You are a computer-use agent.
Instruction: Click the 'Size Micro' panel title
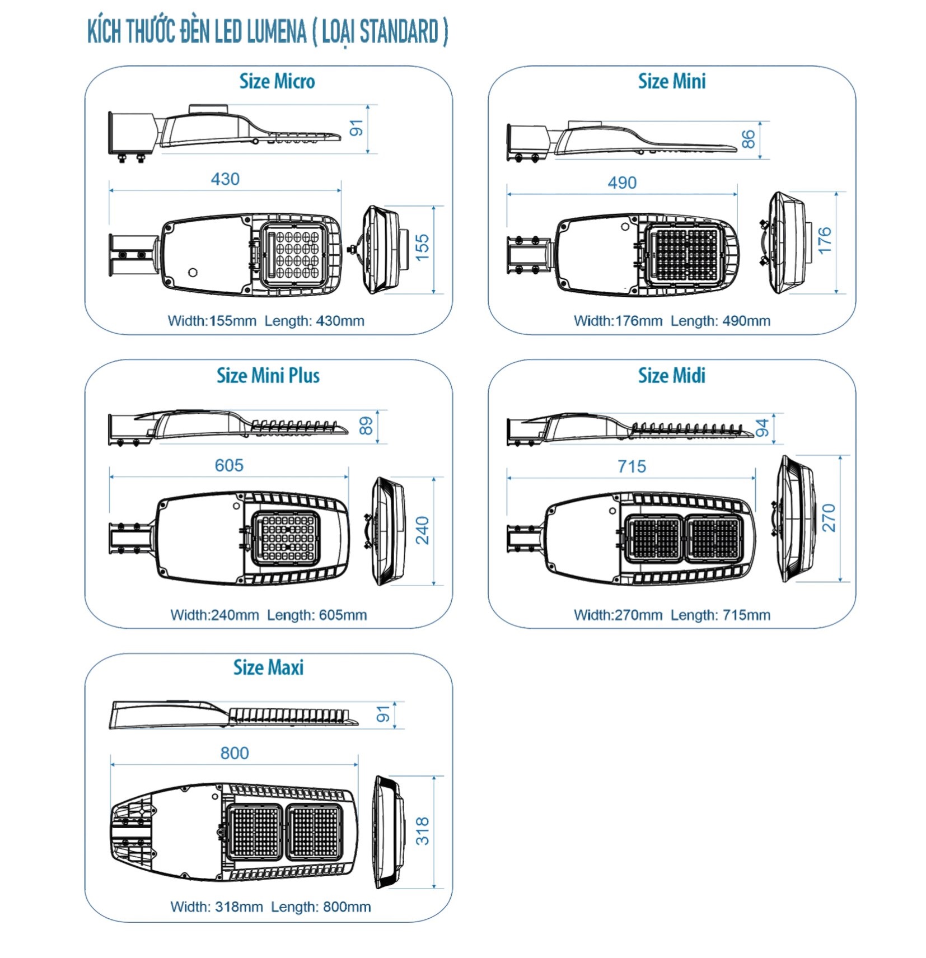pyautogui.click(x=277, y=82)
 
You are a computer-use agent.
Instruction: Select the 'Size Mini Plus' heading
pyautogui.click(x=268, y=376)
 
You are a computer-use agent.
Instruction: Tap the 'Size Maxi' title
pyautogui.click(x=268, y=667)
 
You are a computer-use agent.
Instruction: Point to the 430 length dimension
pyautogui.click(x=225, y=179)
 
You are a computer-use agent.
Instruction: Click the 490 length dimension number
pyautogui.click(x=622, y=183)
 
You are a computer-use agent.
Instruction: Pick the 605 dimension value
pyautogui.click(x=229, y=465)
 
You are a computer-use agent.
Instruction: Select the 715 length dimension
pyautogui.click(x=632, y=466)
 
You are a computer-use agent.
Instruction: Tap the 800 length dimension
pyautogui.click(x=235, y=753)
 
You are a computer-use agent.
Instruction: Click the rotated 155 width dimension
pyautogui.click(x=422, y=247)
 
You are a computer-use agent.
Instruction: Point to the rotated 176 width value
pyautogui.click(x=825, y=241)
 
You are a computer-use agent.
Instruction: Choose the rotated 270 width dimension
pyautogui.click(x=829, y=518)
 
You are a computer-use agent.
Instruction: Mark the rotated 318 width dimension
pyautogui.click(x=422, y=831)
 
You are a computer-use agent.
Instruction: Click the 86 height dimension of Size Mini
pyautogui.click(x=748, y=139)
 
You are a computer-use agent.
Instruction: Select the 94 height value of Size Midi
pyautogui.click(x=763, y=428)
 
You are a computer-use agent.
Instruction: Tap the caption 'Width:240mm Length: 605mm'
pyautogui.click(x=269, y=615)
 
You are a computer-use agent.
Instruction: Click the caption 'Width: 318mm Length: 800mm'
pyautogui.click(x=270, y=906)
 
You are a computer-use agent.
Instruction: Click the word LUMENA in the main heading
pyautogui.click(x=277, y=31)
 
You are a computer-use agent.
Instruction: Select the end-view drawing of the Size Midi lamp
pyautogui.click(x=795, y=518)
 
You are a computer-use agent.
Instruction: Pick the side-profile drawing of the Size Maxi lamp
pyautogui.click(x=233, y=715)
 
